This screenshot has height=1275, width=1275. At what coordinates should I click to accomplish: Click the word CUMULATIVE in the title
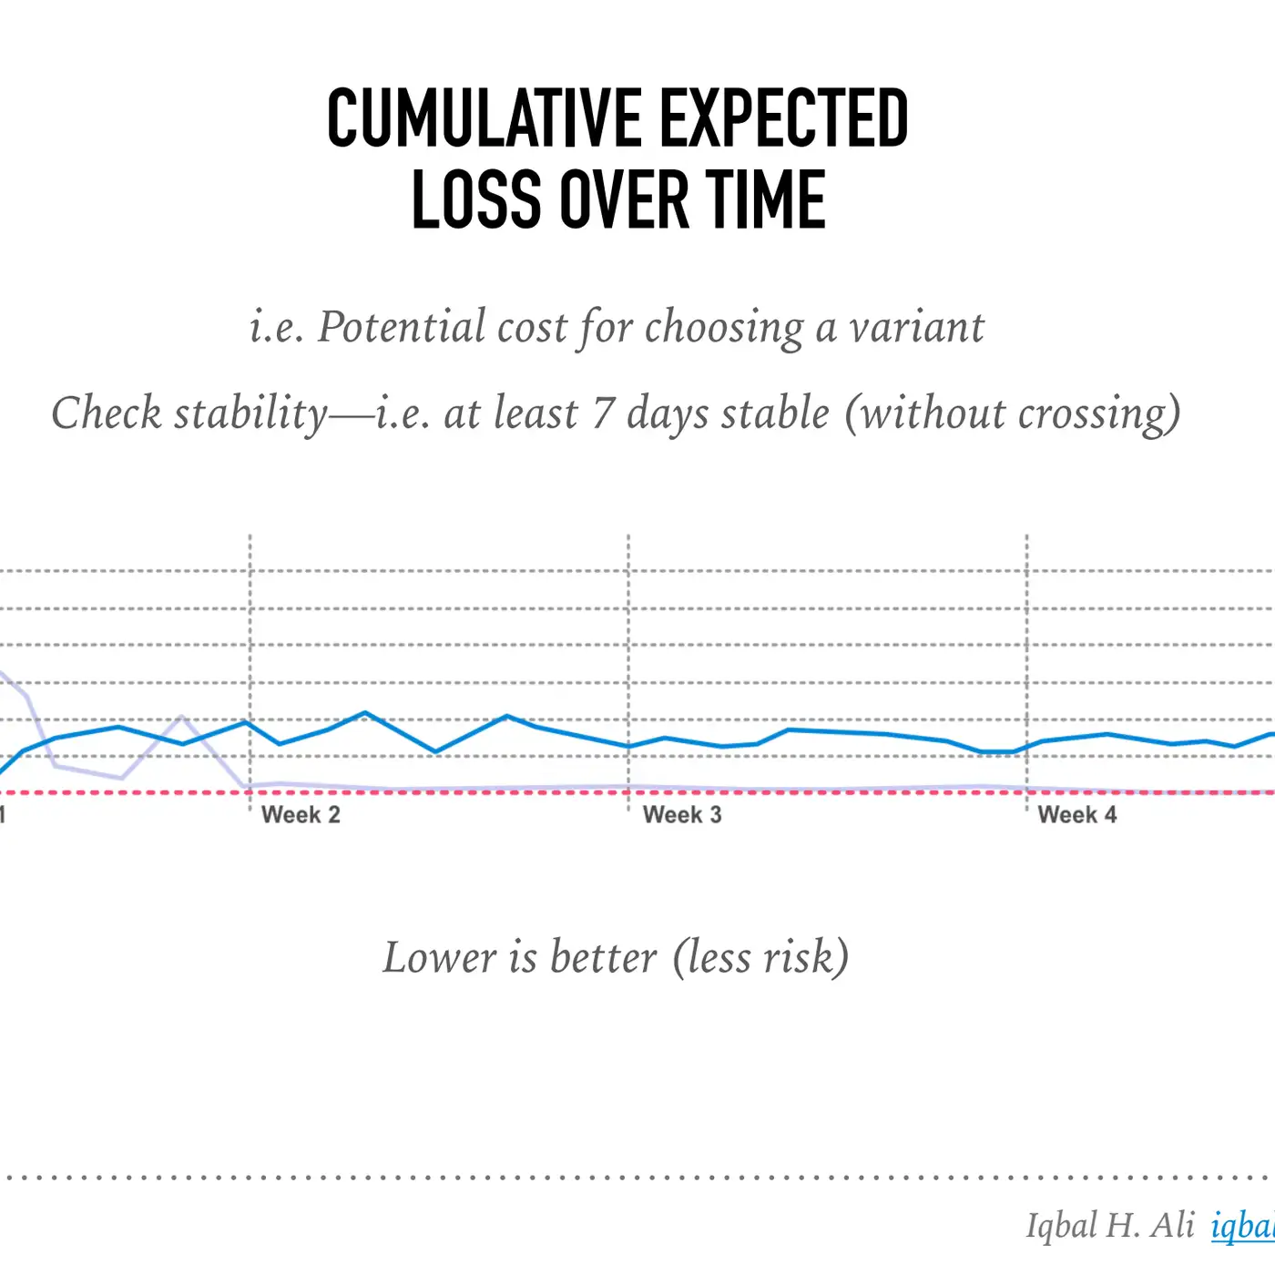point(484,118)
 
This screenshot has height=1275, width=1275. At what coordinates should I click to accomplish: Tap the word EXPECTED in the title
point(783,118)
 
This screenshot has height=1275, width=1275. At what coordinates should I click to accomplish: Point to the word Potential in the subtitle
point(402,327)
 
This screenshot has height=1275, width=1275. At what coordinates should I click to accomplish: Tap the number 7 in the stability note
point(602,413)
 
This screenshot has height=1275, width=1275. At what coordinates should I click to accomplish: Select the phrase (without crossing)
point(1013,413)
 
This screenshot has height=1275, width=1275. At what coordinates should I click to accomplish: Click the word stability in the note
point(250,413)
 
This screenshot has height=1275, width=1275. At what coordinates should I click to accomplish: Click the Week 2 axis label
point(301,815)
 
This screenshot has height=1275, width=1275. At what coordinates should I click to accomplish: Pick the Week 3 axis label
point(682,815)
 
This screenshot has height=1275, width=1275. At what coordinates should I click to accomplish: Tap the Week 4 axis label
point(1076,815)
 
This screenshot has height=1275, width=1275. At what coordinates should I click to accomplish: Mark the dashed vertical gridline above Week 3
point(628,637)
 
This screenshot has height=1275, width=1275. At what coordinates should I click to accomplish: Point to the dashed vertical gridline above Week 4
point(1027,637)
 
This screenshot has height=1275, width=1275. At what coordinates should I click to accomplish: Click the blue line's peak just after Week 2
point(364,713)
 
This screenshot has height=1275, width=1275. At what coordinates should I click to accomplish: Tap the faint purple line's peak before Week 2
point(181,718)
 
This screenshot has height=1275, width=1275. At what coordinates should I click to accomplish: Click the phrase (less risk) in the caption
point(761,957)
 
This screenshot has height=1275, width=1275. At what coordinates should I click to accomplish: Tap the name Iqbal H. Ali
point(1109,1226)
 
